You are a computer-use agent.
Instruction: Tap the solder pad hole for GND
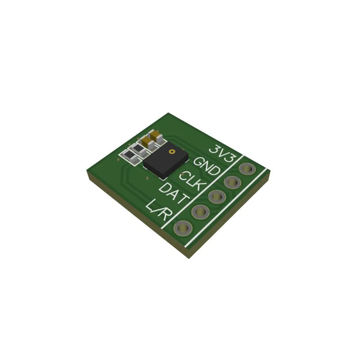click(233, 183)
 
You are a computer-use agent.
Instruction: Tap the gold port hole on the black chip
click(172, 152)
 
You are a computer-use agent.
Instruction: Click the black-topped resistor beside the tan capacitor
click(139, 148)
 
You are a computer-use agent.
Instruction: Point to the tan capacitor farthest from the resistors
click(157, 135)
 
